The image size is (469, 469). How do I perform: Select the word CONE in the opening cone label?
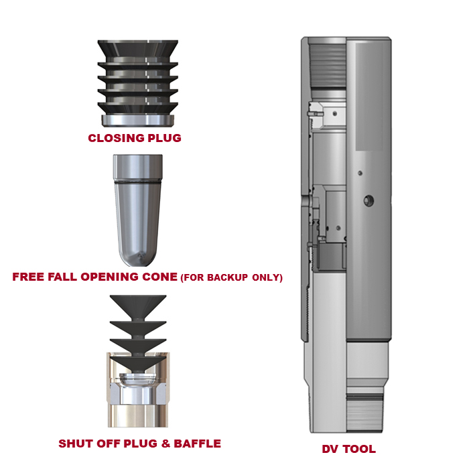coord(159,277)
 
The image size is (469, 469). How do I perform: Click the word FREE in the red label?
coord(28,277)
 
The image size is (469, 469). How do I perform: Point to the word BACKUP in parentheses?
coord(227,277)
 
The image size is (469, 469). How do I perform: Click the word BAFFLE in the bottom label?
coord(198,444)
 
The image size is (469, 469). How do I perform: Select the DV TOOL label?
coord(349,449)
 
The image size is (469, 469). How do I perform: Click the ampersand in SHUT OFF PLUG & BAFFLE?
coord(165,444)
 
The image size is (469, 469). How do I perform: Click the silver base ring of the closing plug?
coord(137,120)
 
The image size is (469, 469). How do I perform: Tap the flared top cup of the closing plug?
coord(138,49)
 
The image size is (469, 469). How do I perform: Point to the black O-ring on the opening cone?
coord(137,182)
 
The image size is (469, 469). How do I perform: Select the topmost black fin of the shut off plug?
coord(138,307)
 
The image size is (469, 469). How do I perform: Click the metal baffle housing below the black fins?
coord(138,395)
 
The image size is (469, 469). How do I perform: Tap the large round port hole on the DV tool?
coord(368,200)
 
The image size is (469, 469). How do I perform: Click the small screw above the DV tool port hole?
coord(360,173)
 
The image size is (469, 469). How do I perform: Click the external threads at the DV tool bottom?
coord(364,413)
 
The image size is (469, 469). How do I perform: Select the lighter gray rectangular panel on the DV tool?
coord(369,96)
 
